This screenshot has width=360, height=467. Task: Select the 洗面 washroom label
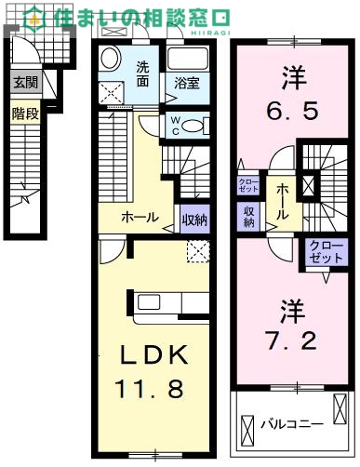coord(144,73)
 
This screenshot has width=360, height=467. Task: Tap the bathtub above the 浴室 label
coord(192,60)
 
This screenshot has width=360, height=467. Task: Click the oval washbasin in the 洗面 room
coord(111,60)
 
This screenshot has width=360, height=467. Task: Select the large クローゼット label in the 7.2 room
coord(321,252)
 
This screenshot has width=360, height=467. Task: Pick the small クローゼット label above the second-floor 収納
coord(248,184)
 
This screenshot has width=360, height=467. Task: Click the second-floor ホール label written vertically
coord(278,202)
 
